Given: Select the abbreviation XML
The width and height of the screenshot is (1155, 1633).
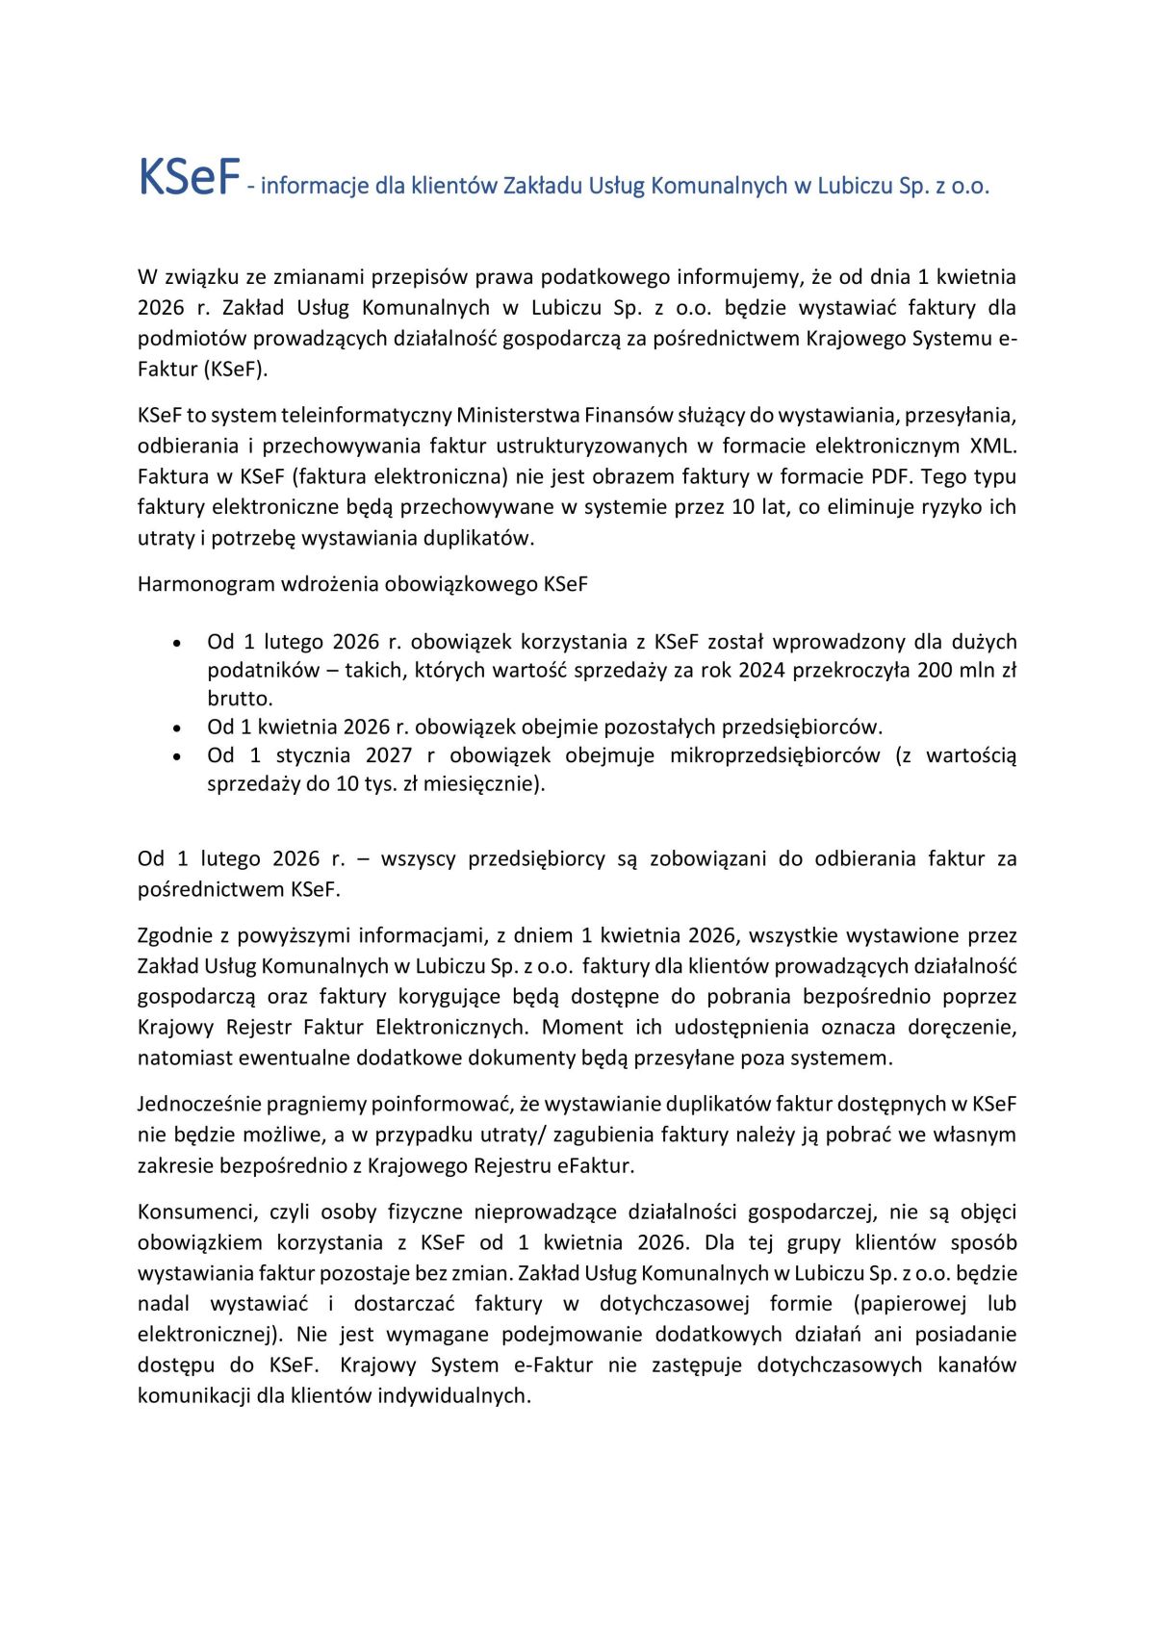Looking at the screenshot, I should pyautogui.click(x=992, y=446).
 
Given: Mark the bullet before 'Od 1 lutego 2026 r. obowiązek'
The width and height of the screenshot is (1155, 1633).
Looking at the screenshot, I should pyautogui.click(x=176, y=643).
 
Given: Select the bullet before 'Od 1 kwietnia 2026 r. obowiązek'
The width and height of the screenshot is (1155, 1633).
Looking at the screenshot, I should pyautogui.click(x=176, y=728).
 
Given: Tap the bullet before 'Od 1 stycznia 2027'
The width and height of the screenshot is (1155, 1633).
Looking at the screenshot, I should pyautogui.click(x=176, y=756).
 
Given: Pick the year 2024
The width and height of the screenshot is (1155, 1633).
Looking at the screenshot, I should pyautogui.click(x=765, y=670).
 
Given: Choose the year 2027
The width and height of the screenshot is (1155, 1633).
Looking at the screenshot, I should pyautogui.click(x=388, y=755).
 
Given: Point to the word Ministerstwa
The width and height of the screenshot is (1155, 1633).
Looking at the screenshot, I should pyautogui.click(x=518, y=415).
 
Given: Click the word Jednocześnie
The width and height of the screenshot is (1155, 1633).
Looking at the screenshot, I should pyautogui.click(x=199, y=1104).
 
